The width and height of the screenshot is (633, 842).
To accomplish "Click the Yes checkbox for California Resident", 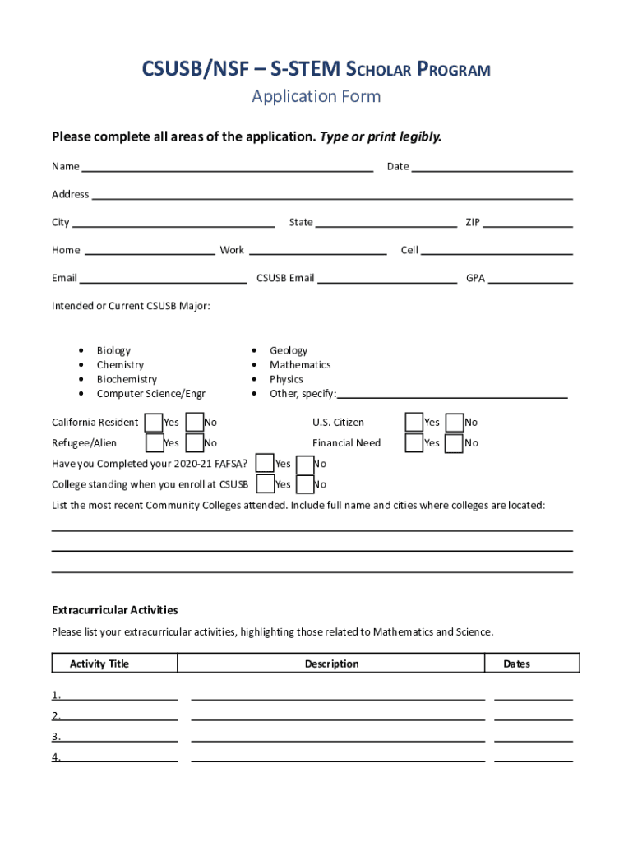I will click(x=153, y=423).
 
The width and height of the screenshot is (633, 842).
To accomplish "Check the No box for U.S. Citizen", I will click(x=455, y=423).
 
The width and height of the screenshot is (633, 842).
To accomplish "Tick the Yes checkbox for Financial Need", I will click(x=414, y=443).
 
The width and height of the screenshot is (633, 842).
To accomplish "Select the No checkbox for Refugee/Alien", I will click(x=195, y=443).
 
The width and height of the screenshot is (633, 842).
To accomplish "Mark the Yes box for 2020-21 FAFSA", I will click(x=265, y=464).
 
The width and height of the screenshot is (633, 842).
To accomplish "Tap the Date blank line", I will click(x=492, y=167).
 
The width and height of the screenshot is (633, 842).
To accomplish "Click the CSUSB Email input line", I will click(x=387, y=279).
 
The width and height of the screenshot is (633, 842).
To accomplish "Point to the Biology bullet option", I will click(x=113, y=350).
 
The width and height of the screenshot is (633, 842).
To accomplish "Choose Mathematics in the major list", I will click(x=300, y=365).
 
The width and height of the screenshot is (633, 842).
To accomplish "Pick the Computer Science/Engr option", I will click(x=150, y=394).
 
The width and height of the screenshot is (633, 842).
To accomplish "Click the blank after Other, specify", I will click(x=452, y=394).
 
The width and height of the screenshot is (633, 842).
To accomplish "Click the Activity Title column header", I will click(x=99, y=664).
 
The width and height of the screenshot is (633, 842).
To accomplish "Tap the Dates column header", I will click(x=517, y=664).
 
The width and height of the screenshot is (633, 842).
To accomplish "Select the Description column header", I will click(x=331, y=664).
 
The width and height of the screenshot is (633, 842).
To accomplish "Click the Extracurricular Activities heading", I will click(x=115, y=610).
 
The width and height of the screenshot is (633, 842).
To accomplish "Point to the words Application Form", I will click(x=316, y=96).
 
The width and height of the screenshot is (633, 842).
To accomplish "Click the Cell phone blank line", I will click(x=497, y=251).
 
